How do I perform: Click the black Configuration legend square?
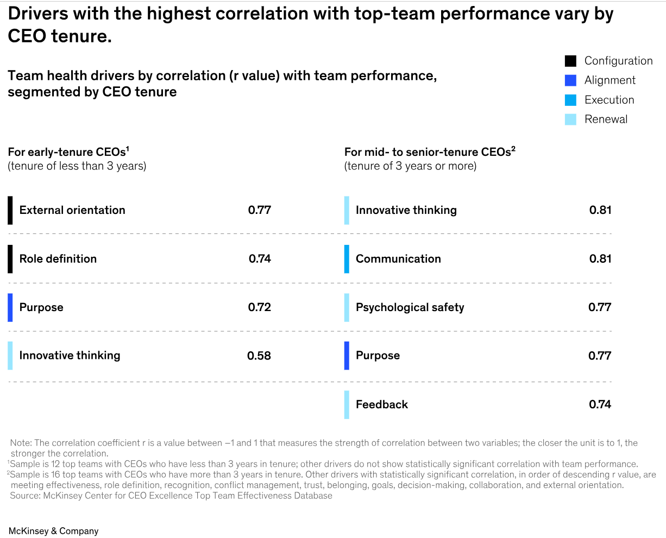pyautogui.click(x=570, y=61)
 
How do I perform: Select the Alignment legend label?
pyautogui.click(x=610, y=80)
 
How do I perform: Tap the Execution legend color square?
pyautogui.click(x=570, y=100)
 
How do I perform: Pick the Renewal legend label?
pyautogui.click(x=606, y=119)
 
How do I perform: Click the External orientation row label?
pyautogui.click(x=72, y=210)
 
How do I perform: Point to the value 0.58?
pyautogui.click(x=259, y=356)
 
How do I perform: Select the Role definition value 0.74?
pyautogui.click(x=260, y=259)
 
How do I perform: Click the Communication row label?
pyautogui.click(x=398, y=259)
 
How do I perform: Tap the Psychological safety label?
pyautogui.click(x=410, y=307)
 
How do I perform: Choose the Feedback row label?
pyautogui.click(x=381, y=404)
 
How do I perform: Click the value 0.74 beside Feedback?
pyautogui.click(x=600, y=404)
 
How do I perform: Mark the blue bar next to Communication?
pyautogui.click(x=347, y=259)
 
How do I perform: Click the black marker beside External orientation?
pyautogui.click(x=10, y=210)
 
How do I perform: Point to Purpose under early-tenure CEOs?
pyautogui.click(x=41, y=307)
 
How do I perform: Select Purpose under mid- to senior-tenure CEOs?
pyautogui.click(x=378, y=356)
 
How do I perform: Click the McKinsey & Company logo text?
pyautogui.click(x=53, y=531)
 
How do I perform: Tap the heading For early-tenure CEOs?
pyautogui.click(x=68, y=152)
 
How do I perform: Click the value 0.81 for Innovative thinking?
pyautogui.click(x=600, y=210)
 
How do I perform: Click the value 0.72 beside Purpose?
pyautogui.click(x=260, y=307)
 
